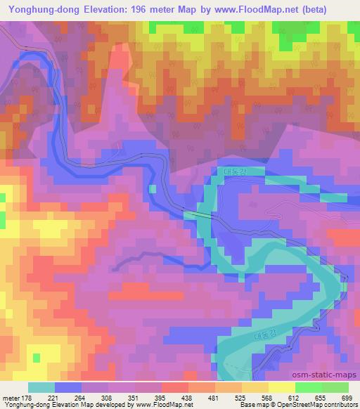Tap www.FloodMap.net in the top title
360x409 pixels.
(x=274, y=9)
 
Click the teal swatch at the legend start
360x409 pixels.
(x=41, y=387)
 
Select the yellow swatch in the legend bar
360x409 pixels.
(x=281, y=387)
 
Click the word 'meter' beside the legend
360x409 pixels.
(x=10, y=397)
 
